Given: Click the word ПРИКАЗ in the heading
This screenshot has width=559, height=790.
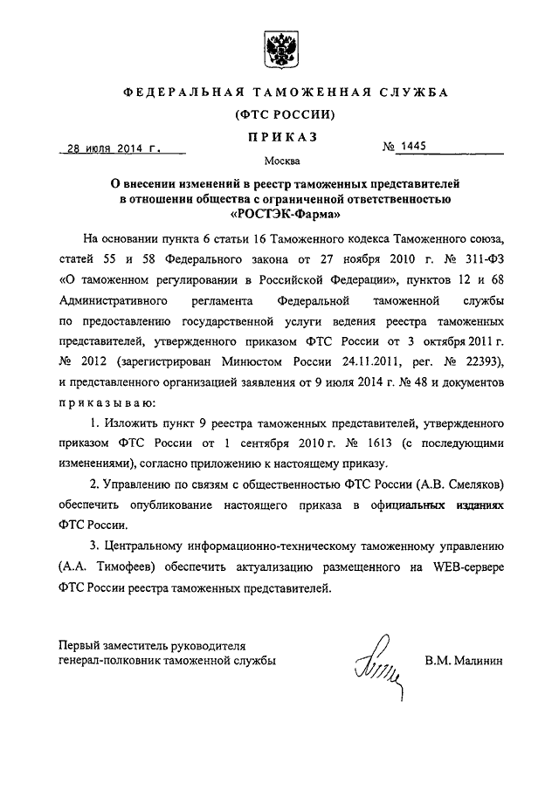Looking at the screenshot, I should (x=279, y=135).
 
